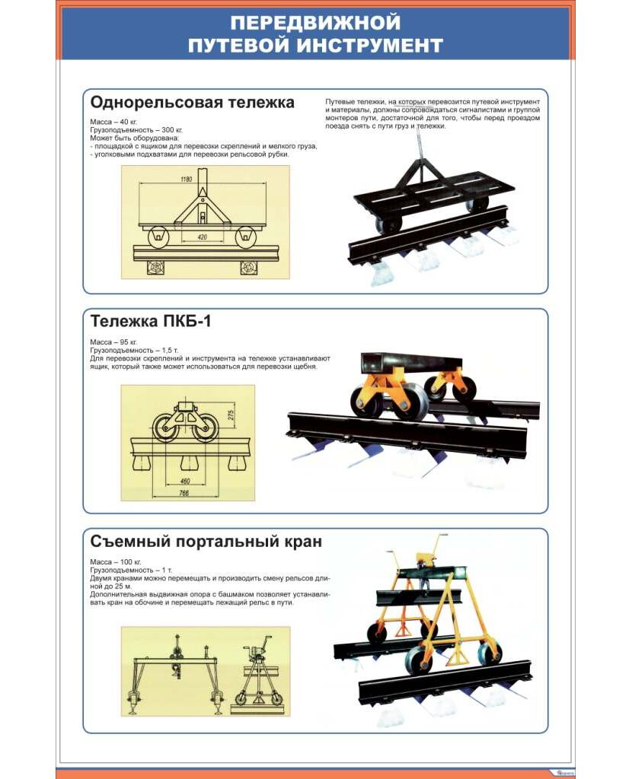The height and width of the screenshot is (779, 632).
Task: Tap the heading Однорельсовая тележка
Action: tap(192, 103)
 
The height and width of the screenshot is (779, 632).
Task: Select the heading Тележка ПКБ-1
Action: tap(151, 321)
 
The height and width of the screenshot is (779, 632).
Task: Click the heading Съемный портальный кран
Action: tap(206, 542)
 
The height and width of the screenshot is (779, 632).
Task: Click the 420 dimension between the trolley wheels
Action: tap(202, 237)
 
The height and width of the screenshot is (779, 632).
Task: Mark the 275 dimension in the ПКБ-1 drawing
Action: tap(231, 415)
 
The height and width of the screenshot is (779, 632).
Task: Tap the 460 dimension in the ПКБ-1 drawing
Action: tap(185, 481)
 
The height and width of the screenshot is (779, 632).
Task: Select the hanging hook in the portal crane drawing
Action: tap(176, 670)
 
